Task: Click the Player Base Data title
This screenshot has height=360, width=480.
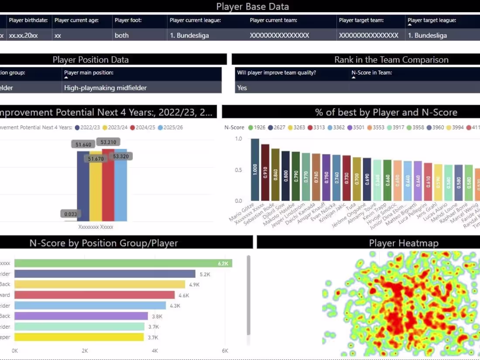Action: (x=252, y=7)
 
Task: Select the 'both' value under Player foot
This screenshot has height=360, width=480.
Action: (x=122, y=35)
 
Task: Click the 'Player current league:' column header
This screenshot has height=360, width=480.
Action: (x=195, y=20)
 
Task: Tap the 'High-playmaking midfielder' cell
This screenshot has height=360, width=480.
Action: (x=105, y=88)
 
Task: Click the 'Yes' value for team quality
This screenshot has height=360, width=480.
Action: (x=242, y=88)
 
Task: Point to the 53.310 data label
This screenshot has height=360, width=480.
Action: (x=108, y=142)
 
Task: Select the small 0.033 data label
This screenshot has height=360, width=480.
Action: (x=70, y=214)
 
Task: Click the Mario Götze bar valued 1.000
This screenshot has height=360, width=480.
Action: (x=255, y=170)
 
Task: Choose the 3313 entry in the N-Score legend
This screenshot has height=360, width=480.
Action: (x=316, y=127)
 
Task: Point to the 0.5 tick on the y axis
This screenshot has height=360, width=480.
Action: (x=238, y=170)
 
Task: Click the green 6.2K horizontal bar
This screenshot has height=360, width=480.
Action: (x=122, y=263)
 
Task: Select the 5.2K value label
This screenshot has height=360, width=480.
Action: (x=205, y=274)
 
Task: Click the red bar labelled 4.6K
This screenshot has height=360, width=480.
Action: (x=94, y=295)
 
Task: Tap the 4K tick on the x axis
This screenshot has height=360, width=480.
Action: (x=154, y=350)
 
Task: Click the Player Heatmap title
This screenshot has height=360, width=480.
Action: (x=404, y=243)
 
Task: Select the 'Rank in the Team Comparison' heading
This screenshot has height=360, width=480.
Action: (x=391, y=60)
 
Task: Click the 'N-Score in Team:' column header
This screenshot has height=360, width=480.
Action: (x=371, y=72)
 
